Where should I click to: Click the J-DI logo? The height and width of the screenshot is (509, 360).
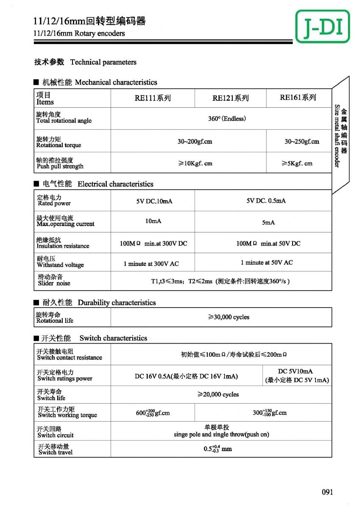coord(323,26)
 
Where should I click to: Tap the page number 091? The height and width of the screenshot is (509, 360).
coord(327,492)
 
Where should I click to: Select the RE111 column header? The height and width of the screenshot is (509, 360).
coord(153,98)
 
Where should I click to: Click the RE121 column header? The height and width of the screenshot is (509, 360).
coord(230,98)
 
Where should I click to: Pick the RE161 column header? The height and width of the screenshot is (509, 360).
coord(298,98)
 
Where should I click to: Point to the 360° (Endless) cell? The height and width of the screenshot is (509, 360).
coord(227,119)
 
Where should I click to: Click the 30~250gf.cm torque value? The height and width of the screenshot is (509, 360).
coord(301,141)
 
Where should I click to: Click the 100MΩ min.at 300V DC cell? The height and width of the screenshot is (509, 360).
coord(153,243)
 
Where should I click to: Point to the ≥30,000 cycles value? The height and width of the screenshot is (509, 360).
coord(229,317)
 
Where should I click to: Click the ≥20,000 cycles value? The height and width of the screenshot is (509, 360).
coord(218,394)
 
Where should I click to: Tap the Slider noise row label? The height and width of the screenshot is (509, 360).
coord(54,280)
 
